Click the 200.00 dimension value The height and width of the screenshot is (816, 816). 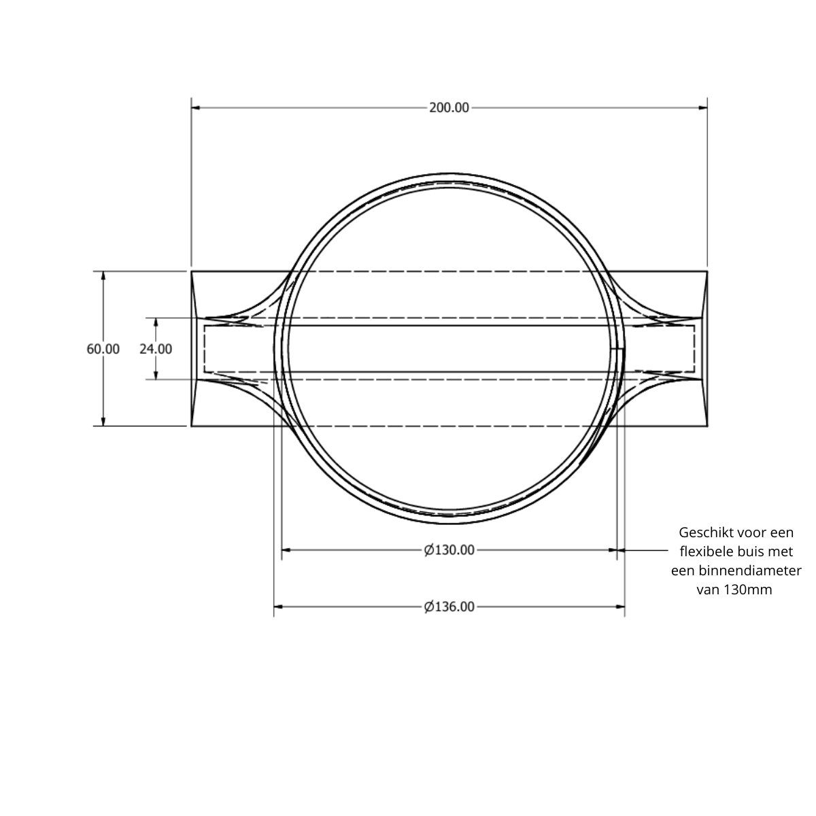(449, 107)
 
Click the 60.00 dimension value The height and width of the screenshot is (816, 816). (103, 349)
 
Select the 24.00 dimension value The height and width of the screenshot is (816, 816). (156, 349)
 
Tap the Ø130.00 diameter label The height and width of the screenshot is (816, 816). (449, 550)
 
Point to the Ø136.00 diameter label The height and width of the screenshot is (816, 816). (449, 607)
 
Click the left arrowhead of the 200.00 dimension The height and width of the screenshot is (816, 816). (196, 107)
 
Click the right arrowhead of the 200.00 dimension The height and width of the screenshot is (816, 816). (703, 107)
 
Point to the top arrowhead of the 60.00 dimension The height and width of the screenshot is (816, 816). (103, 275)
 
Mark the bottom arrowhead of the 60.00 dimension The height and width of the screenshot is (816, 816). (103, 422)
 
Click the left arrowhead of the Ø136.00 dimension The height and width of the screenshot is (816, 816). (278, 607)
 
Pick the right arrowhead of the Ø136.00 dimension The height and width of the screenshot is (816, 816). (620, 607)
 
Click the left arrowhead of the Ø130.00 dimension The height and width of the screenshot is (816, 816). (286, 550)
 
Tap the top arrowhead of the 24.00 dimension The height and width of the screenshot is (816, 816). (156, 322)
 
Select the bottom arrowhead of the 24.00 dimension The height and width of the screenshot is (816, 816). (156, 375)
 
